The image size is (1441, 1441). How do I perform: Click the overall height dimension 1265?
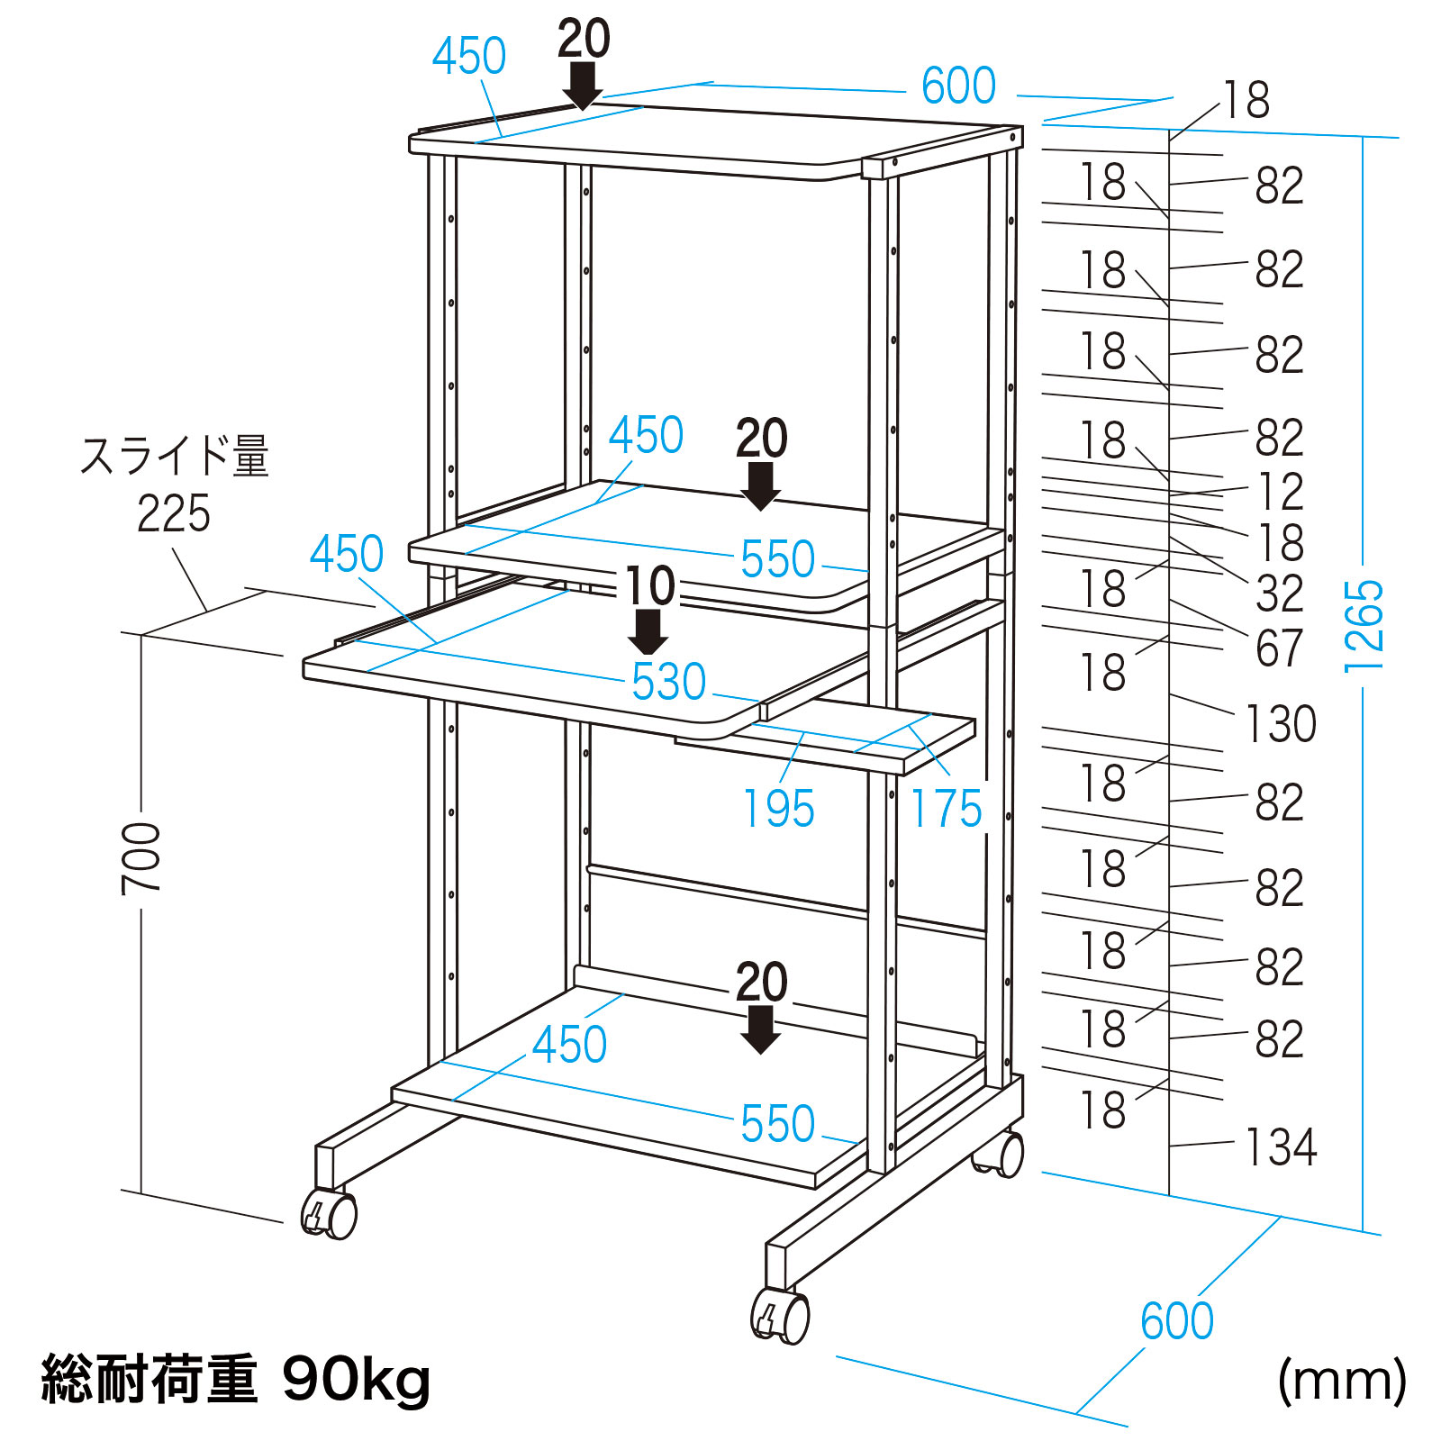coord(1363,626)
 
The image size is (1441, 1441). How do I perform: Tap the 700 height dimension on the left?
coord(141,857)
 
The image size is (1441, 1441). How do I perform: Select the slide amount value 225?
coord(173,514)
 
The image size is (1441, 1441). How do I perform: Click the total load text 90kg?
coord(357,1379)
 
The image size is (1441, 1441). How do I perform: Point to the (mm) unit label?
coord(1341,1379)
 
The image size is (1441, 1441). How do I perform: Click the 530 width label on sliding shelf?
coord(668,682)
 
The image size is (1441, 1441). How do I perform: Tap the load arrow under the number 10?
coord(648,632)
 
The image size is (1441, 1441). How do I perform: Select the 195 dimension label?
coord(778,809)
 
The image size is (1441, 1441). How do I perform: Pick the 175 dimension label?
coord(946,809)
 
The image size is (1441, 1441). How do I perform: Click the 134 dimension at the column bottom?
coord(1280,1147)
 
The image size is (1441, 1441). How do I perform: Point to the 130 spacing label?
coord(1280,723)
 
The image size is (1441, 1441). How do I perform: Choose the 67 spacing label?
coord(1280,648)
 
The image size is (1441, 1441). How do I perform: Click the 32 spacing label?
coord(1280,594)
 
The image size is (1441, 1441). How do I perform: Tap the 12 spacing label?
coord(1280,492)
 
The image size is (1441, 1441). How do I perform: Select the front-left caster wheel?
coord(331,1213)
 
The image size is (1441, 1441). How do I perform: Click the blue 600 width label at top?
coord(958,86)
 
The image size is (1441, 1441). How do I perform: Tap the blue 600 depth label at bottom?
coord(1176,1322)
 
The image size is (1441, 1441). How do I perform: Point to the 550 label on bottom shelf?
coord(777,1124)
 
